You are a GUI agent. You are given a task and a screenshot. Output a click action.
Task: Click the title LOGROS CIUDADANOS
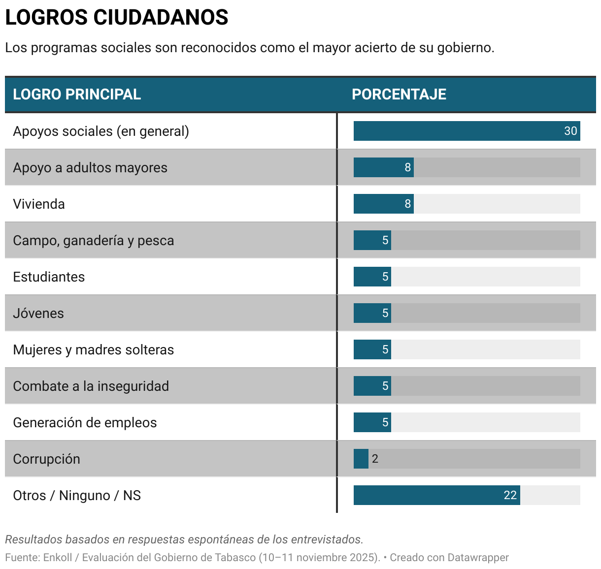point(117,18)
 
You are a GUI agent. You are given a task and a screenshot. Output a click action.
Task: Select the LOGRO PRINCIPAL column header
point(77,95)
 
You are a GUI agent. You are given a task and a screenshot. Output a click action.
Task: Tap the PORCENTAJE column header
point(399,95)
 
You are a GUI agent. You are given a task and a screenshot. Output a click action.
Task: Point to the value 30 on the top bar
point(570,131)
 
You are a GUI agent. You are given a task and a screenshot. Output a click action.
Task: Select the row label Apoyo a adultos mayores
point(90,168)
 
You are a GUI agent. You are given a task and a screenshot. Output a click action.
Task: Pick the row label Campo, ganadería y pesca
point(94,241)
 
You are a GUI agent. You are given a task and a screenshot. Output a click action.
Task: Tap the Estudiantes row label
point(49,277)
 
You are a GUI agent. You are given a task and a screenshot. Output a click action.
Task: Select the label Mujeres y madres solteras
point(94,350)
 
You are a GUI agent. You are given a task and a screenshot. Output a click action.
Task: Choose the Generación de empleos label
point(85,423)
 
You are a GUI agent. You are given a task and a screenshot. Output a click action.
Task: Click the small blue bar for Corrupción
point(361,459)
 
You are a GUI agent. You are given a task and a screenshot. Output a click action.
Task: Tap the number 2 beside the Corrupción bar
point(375,459)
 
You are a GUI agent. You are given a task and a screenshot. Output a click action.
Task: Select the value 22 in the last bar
point(510,495)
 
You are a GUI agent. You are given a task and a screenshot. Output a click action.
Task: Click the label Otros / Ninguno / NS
point(77,496)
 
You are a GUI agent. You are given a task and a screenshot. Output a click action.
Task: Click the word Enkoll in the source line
point(58,558)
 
